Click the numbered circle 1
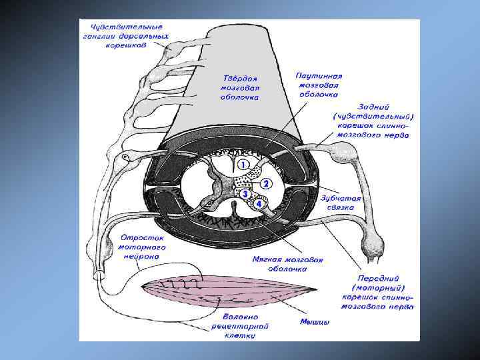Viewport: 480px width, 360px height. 244,163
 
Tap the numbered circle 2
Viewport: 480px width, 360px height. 265,183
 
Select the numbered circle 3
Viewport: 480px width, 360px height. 245,193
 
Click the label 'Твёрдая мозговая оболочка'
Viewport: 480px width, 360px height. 240,87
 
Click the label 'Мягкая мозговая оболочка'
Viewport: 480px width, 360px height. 287,264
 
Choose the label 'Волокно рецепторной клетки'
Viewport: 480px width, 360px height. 239,326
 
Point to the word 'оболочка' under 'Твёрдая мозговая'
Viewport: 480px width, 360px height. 239,97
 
